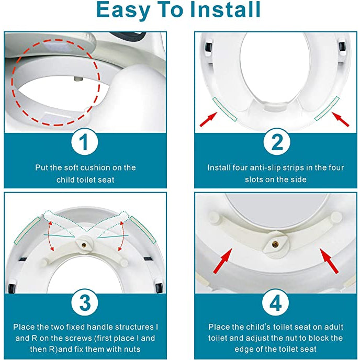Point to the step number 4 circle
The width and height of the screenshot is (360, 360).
click(276, 303)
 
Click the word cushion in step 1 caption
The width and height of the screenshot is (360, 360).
click(103, 168)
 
